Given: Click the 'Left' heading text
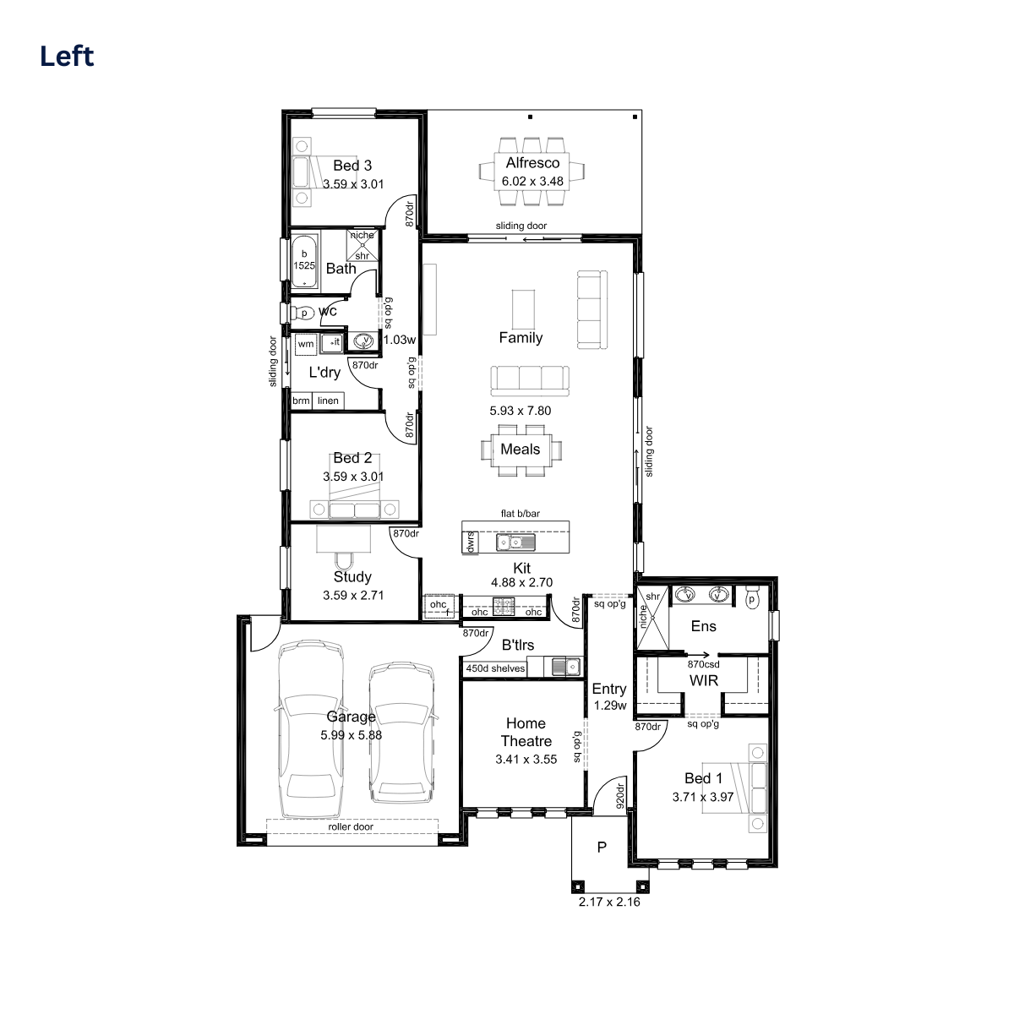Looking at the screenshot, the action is [x=67, y=56].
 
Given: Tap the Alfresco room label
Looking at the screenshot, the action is [x=532, y=162].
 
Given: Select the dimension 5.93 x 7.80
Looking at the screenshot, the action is [x=521, y=411].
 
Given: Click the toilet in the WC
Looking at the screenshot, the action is [x=303, y=313].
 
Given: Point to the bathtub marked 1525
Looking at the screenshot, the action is [x=304, y=261].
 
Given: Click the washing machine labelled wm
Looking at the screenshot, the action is [x=306, y=344].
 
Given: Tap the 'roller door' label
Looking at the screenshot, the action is [x=351, y=826].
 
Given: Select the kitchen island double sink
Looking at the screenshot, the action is [x=515, y=542].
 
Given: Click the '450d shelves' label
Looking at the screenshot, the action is [x=495, y=668].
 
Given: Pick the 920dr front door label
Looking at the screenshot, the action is [x=620, y=796].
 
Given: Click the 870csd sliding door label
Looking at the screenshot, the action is [x=704, y=664].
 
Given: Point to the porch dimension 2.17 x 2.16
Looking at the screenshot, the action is [x=609, y=902].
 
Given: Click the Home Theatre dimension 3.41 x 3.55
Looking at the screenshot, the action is [x=526, y=760].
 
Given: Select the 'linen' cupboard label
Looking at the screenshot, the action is [x=328, y=401].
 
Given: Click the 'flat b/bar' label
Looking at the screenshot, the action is [x=521, y=514].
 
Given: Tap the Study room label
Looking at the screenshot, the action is [x=352, y=577].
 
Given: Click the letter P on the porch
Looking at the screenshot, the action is [x=602, y=847].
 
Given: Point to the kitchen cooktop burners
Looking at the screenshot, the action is [x=504, y=606].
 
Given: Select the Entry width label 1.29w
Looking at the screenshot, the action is [x=610, y=706].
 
